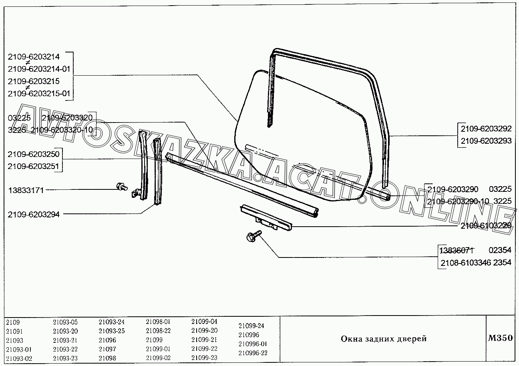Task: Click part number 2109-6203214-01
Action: click(39, 69)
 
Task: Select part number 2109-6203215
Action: click(33, 81)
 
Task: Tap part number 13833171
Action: click(26, 190)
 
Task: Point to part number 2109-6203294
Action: click(33, 215)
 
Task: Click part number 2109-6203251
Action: click(33, 166)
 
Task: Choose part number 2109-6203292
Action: click(486, 129)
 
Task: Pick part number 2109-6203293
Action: click(486, 141)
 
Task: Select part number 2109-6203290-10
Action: click(458, 201)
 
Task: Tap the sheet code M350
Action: click(500, 338)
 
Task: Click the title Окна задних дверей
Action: click(384, 339)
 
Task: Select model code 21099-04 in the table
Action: click(204, 322)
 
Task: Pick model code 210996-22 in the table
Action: click(253, 353)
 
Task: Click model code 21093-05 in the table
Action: click(65, 322)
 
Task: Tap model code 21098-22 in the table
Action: click(158, 331)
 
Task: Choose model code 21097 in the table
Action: click(107, 349)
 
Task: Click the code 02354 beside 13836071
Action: click(500, 250)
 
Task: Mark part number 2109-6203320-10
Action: click(62, 130)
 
